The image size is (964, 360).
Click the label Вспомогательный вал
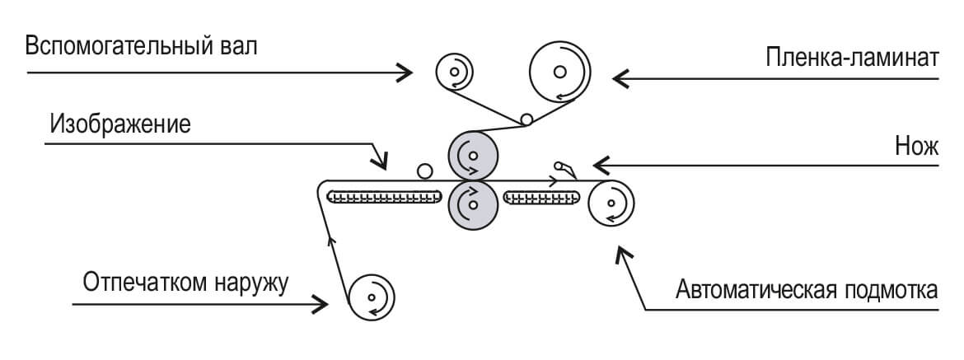coord(141,45)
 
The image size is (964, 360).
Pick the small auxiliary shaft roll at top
coord(453,72)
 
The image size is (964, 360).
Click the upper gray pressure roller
coord(473,153)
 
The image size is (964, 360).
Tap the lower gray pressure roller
coord(473,203)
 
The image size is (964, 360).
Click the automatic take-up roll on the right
coord(611,203)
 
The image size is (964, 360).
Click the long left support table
coord(385,198)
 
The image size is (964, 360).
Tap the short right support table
coord(541,198)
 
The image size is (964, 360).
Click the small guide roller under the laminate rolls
coord(524,120)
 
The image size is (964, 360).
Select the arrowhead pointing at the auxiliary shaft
coord(405,72)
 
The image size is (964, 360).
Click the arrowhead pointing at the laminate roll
coord(620,78)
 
